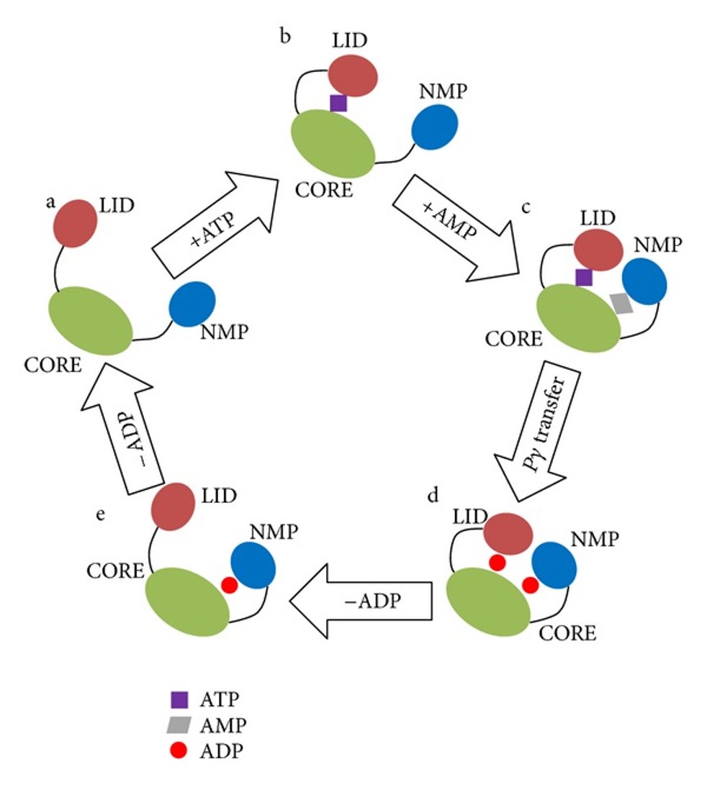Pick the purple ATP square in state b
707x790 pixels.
point(338,103)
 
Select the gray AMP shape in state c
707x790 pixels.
point(620,303)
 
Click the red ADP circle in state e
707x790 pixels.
point(229,585)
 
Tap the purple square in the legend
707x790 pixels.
point(179,699)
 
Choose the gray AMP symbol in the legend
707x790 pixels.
point(179,725)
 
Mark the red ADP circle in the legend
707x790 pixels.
point(179,750)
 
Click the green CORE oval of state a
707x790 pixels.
point(90,320)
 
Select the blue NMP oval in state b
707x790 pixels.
point(435,127)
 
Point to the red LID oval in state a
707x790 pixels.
point(75,223)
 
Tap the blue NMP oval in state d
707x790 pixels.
point(554,565)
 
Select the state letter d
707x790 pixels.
point(432,496)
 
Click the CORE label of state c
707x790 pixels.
point(513,338)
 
